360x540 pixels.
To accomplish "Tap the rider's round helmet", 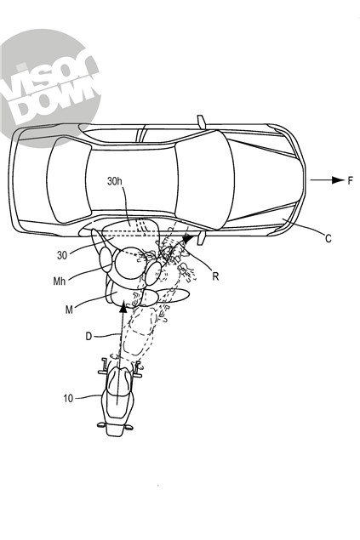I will click(129, 268).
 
